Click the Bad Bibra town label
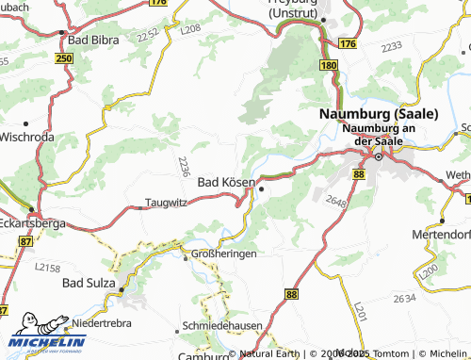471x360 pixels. click(x=93, y=41)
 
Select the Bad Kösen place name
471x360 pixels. click(x=225, y=182)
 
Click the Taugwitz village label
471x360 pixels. click(x=166, y=202)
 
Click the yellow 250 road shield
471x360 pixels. click(x=64, y=59)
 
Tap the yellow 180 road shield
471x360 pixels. click(x=328, y=64)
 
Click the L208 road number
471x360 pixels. click(x=191, y=31)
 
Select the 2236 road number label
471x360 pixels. click(x=182, y=167)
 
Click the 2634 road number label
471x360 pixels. click(x=404, y=298)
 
